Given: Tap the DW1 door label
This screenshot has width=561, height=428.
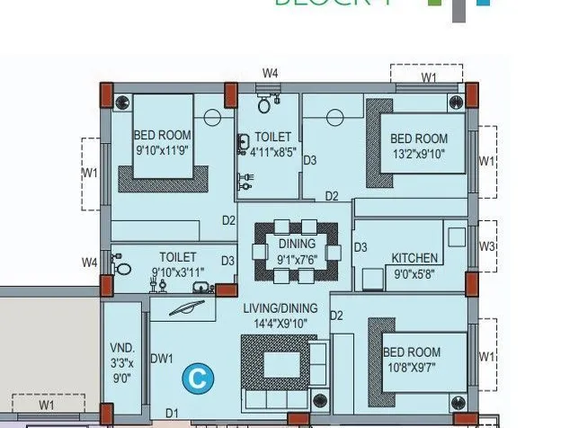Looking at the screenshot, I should pyautogui.click(x=162, y=359).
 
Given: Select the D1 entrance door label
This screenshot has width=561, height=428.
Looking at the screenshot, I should pyautogui.click(x=172, y=414).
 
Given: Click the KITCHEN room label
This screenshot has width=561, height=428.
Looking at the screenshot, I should pyautogui.click(x=414, y=258).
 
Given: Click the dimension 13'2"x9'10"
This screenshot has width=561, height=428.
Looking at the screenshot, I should pyautogui.click(x=418, y=153).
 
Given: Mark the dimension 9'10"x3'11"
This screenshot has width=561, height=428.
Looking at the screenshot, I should pyautogui.click(x=178, y=272).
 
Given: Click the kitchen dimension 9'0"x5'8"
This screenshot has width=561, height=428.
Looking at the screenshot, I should pyautogui.click(x=414, y=275).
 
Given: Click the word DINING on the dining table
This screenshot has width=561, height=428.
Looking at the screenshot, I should pyautogui.click(x=297, y=244).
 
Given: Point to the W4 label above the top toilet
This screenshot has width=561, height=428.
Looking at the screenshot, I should pyautogui.click(x=270, y=73).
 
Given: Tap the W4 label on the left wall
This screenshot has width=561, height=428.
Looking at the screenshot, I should pyautogui.click(x=89, y=263).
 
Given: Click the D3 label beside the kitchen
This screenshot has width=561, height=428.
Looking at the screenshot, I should pyautogui.click(x=360, y=247).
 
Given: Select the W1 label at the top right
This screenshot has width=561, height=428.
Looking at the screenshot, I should pyautogui.click(x=430, y=78).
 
